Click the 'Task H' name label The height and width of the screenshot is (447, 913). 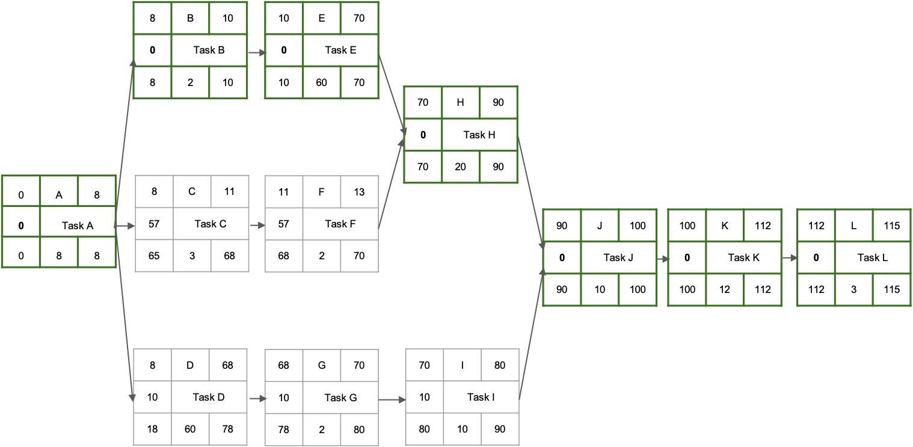[x=479, y=135]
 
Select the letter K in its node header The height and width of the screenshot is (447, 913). [x=725, y=226]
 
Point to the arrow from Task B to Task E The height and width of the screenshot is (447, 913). [x=256, y=53]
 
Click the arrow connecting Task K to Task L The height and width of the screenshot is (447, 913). [x=789, y=258]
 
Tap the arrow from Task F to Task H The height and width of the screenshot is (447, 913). [x=390, y=183]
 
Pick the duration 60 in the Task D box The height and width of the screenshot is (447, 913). [x=190, y=430]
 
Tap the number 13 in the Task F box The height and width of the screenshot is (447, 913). [x=359, y=193]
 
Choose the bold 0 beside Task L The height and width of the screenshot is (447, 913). [x=816, y=258]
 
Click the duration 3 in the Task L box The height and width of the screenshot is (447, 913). [x=854, y=289]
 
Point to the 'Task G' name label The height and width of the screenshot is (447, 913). [x=340, y=398]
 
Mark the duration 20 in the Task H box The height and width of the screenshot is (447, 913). [x=460, y=167]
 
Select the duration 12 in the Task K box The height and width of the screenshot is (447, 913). [x=725, y=289]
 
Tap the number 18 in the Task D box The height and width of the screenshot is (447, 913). [x=153, y=430]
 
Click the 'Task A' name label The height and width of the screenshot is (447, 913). [x=78, y=226]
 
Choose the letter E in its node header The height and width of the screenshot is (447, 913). [x=321, y=18]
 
